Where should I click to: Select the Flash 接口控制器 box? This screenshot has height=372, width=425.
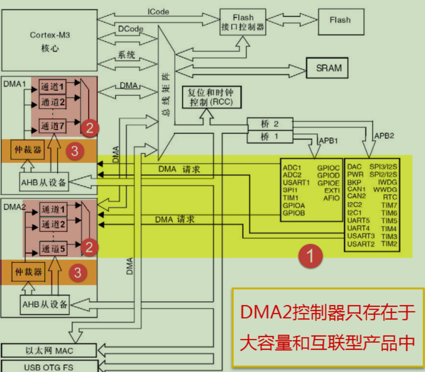tap(243, 22)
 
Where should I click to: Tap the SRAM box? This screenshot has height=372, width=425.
tap(328, 68)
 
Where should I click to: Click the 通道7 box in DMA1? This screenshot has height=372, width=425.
tap(53, 126)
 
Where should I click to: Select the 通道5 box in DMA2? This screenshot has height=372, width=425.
tap(53, 248)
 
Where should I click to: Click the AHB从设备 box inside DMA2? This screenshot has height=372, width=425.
tap(44, 303)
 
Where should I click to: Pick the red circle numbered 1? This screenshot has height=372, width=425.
tap(310, 257)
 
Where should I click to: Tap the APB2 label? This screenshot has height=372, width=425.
tap(384, 135)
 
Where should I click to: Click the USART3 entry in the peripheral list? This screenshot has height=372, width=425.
tap(361, 236)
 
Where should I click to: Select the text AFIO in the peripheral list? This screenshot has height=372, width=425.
tap(331, 198)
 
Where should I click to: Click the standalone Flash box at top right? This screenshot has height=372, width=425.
tap(340, 20)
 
